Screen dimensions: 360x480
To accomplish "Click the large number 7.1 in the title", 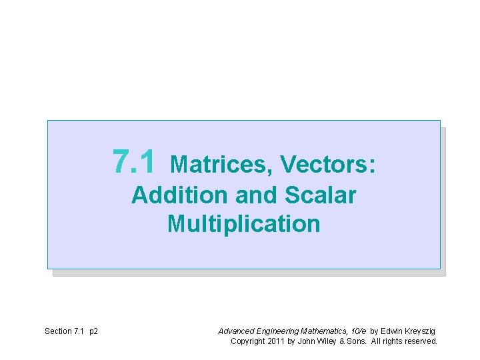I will pos(135,161).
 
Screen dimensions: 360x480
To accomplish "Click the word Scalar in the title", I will pos(320,195).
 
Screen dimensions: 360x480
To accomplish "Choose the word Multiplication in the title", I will pos(244,224).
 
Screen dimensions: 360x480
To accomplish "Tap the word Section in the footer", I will pos(58,331).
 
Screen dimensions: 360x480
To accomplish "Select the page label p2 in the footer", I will pos(93,331).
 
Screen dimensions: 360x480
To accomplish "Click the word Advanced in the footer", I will pos(235,331).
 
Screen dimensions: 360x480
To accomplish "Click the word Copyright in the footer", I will pos(247,341).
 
